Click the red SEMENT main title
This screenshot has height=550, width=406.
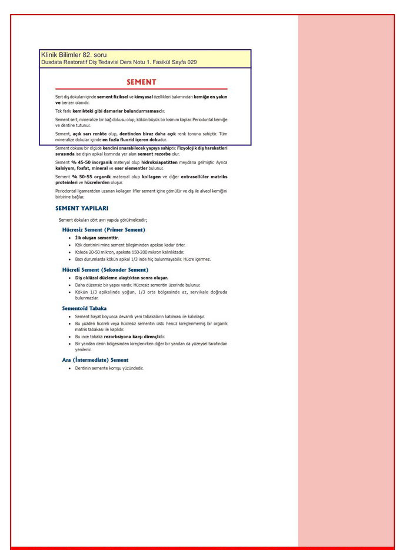(141, 82)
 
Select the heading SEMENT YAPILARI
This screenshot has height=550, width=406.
(82, 208)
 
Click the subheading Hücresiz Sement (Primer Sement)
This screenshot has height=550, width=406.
(104, 229)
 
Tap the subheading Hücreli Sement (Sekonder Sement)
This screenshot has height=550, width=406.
(105, 269)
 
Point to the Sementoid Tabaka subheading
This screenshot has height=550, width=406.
(85, 308)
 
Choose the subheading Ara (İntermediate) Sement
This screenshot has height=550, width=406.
(95, 359)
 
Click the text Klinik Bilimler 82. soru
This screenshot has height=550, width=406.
(74, 55)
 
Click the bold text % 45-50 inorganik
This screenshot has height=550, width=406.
(93, 162)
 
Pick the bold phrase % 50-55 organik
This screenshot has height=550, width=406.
(92, 176)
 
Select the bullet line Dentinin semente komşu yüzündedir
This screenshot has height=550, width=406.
(109, 368)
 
